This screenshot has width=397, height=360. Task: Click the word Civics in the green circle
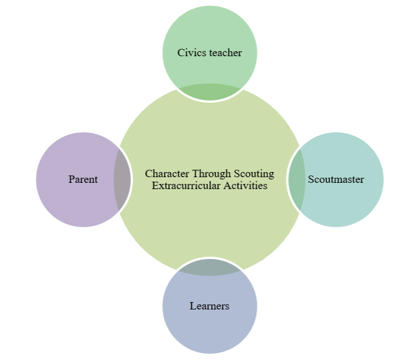pyautogui.click(x=191, y=53)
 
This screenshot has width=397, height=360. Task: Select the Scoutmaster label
pyautogui.click(x=336, y=179)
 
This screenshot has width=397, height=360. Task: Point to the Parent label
pyautogui.click(x=83, y=179)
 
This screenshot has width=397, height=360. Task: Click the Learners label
pyautogui.click(x=209, y=306)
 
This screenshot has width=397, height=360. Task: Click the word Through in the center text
pyautogui.click(x=212, y=173)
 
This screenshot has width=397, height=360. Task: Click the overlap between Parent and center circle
pyautogui.click(x=122, y=179)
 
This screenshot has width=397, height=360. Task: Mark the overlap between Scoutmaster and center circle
pyautogui.click(x=296, y=179)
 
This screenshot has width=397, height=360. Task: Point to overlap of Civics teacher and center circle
pyautogui.click(x=209, y=93)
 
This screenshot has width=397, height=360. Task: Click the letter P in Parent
pyautogui.click(x=71, y=179)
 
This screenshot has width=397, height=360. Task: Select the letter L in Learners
pyautogui.click(x=192, y=306)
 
